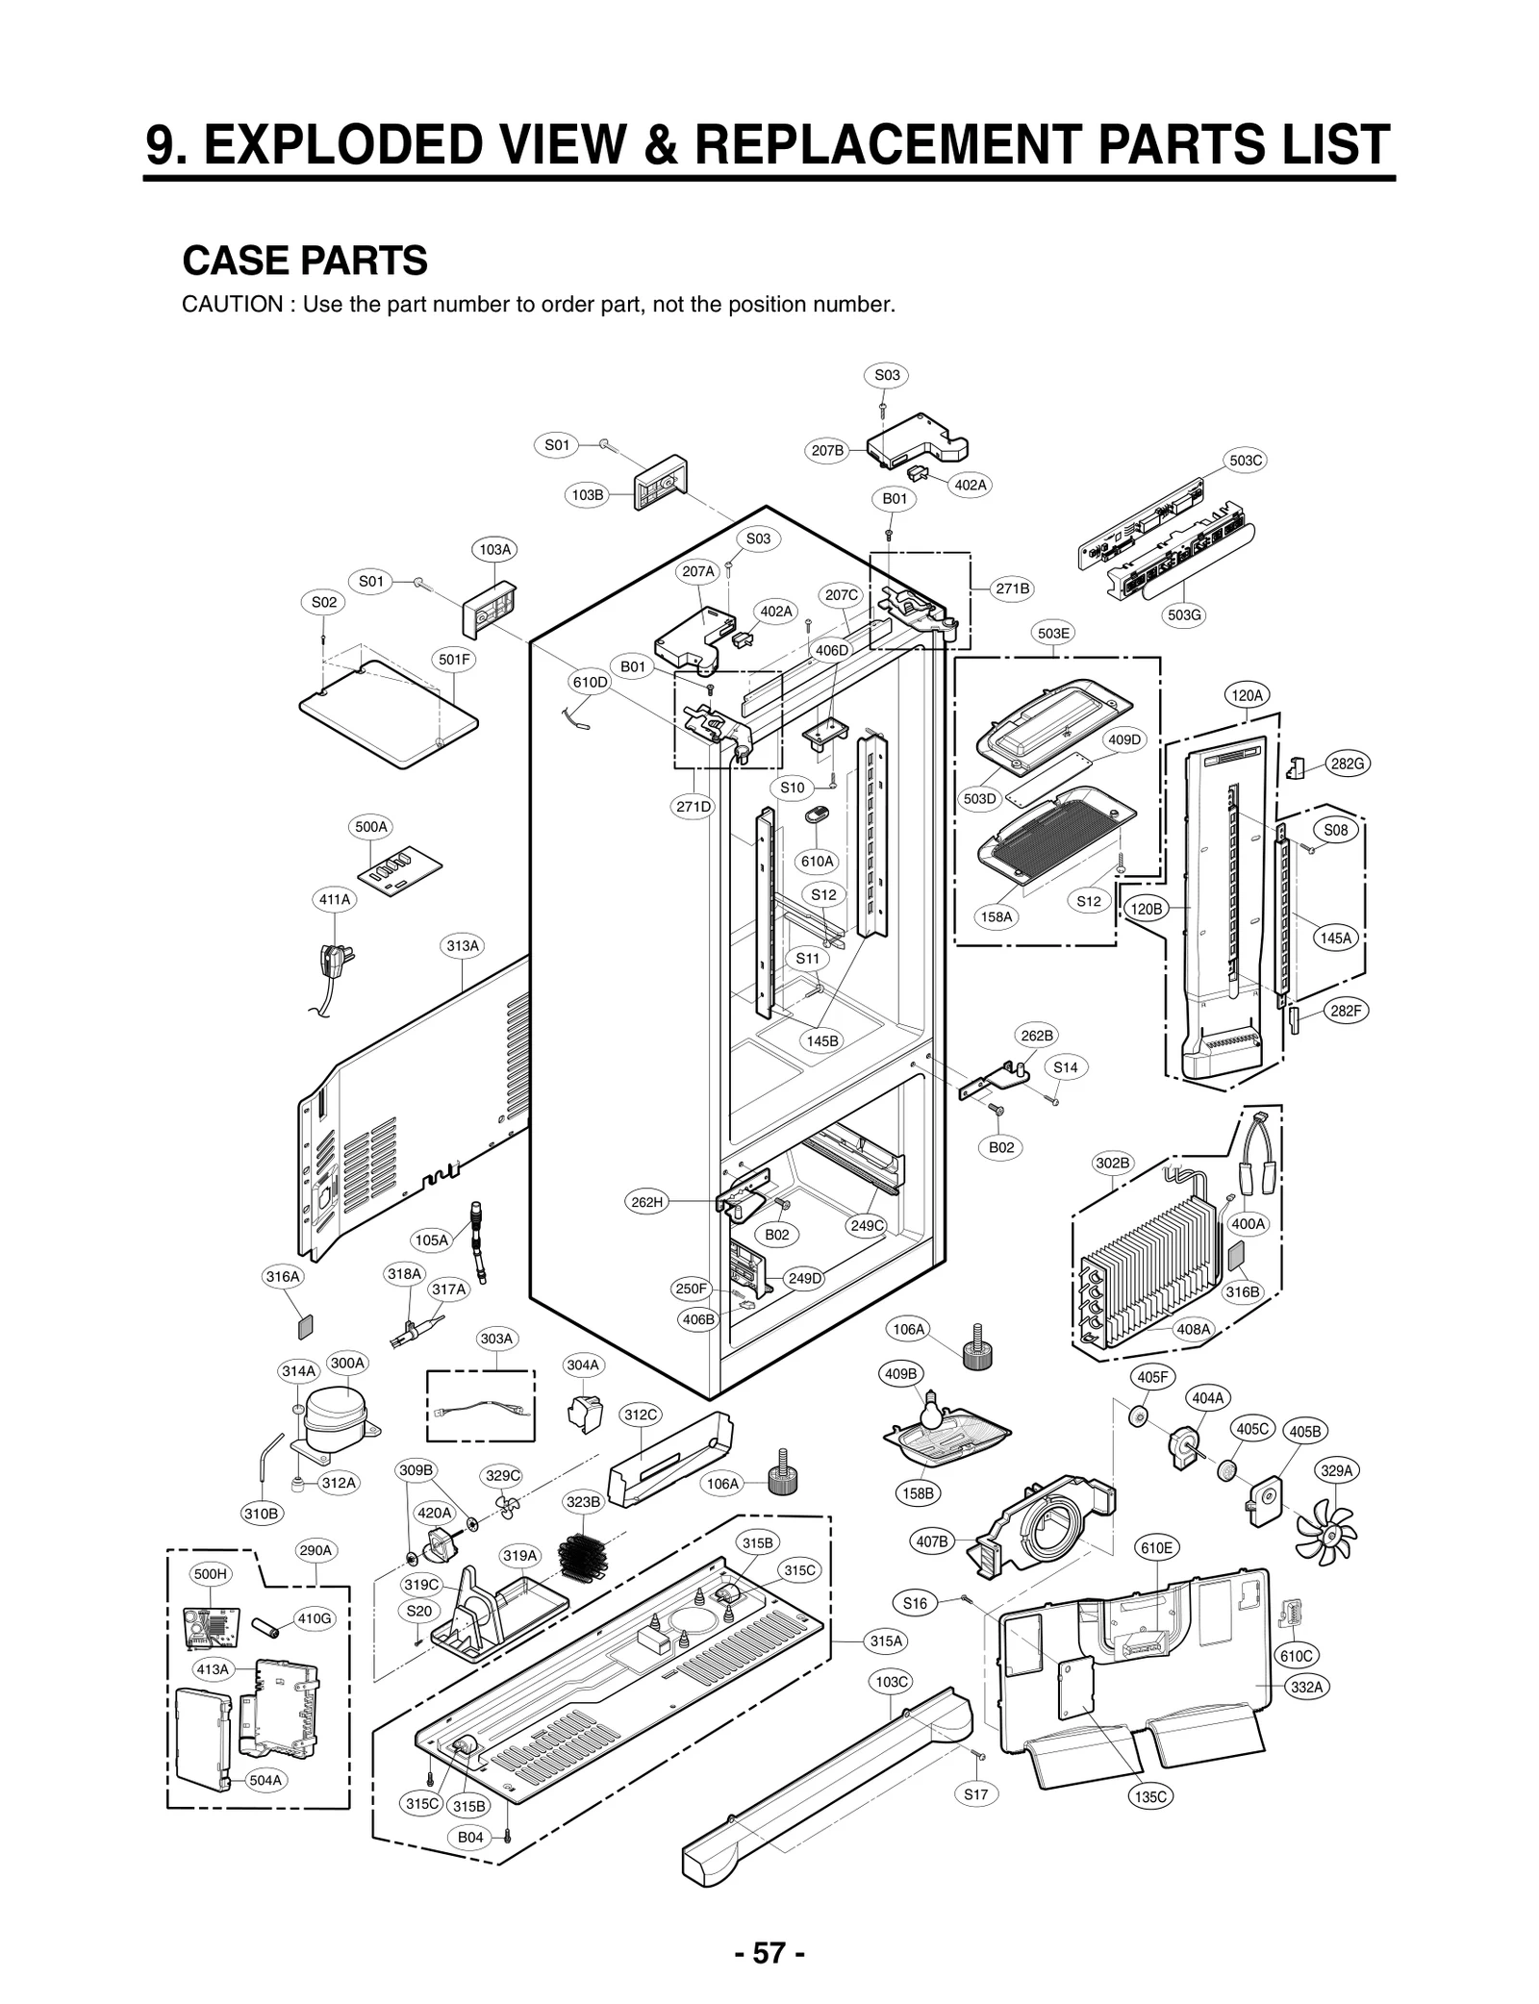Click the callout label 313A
(463, 946)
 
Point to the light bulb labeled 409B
(930, 1409)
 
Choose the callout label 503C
(1246, 461)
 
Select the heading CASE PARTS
(305, 261)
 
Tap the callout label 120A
(1247, 694)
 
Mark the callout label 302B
(1113, 1163)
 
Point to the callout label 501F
(454, 660)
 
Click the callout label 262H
(646, 1202)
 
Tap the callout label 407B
(932, 1541)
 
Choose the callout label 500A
(371, 827)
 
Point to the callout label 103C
(891, 1681)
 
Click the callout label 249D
(804, 1278)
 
